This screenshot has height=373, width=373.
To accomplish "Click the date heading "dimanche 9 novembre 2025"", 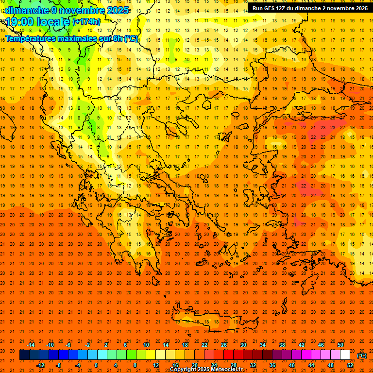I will (x=67, y=10).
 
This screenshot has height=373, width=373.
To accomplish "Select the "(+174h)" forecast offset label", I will (x=86, y=22).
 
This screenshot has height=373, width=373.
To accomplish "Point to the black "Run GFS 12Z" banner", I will (x=309, y=8).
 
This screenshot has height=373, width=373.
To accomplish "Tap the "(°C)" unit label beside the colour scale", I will (x=362, y=356).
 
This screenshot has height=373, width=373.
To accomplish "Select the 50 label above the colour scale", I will (x=340, y=345).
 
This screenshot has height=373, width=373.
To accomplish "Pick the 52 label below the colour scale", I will (x=350, y=365).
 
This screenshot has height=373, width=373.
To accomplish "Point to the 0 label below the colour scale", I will (x=96, y=365).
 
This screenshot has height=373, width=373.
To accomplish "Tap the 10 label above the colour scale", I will (x=146, y=345).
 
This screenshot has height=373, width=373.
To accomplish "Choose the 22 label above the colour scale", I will (x=204, y=345).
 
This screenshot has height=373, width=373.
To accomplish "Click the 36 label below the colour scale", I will (x=272, y=365).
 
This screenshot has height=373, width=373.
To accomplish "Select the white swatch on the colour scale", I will (x=345, y=355).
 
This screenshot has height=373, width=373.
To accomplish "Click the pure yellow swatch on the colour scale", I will (x=151, y=355).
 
